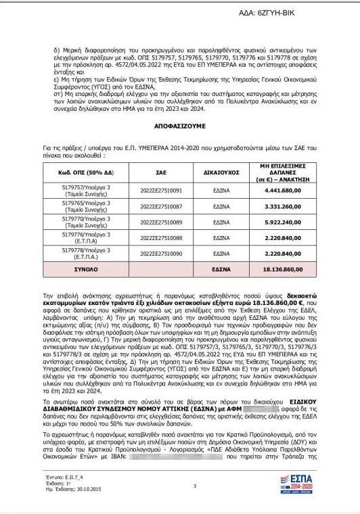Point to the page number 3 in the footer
(x=194, y=486)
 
